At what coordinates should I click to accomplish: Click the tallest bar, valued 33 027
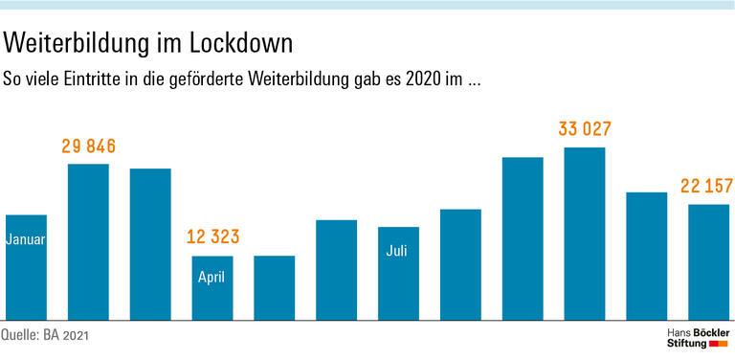click(x=585, y=234)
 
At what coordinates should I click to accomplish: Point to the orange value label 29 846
click(x=88, y=146)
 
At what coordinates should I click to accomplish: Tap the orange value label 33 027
click(x=585, y=129)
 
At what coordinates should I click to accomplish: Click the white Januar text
click(x=26, y=239)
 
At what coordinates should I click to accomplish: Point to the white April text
click(x=212, y=278)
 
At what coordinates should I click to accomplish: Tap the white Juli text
click(x=398, y=251)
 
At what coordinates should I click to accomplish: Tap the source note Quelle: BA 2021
click(x=50, y=335)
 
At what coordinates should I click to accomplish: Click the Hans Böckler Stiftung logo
click(x=697, y=336)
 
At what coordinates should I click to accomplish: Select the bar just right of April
click(x=274, y=287)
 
